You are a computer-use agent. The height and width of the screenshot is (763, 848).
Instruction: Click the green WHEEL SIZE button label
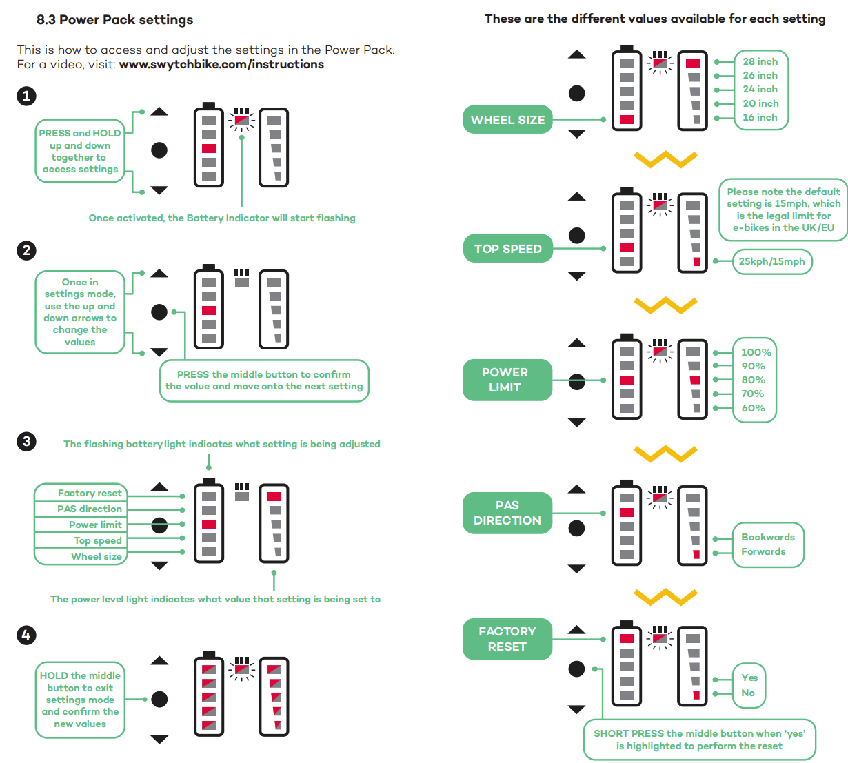click(507, 119)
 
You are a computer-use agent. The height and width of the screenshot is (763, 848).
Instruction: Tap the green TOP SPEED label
click(507, 249)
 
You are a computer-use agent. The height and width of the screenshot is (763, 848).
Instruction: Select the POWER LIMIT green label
click(507, 380)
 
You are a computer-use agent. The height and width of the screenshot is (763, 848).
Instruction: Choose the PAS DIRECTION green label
click(507, 513)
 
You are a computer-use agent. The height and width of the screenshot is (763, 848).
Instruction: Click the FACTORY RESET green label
click(507, 639)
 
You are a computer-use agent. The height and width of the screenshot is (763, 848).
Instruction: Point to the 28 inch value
click(760, 61)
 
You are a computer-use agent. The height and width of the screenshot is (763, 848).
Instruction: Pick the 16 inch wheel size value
click(760, 117)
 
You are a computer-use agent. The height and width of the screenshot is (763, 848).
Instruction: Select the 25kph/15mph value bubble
click(771, 261)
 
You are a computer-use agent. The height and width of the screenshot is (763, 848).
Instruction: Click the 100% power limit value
click(756, 352)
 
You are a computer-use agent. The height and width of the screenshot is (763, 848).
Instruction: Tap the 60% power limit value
click(753, 408)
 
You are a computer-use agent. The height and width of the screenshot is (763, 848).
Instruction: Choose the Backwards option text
click(767, 537)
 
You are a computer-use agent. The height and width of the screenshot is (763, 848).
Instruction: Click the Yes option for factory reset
click(749, 678)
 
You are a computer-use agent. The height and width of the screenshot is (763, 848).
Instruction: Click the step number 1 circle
click(26, 96)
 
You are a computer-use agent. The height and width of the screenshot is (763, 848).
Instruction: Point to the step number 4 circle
click(26, 635)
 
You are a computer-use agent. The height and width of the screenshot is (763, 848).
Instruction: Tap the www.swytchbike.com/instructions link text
click(221, 64)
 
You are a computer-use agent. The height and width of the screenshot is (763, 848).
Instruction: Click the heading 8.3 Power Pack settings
click(114, 19)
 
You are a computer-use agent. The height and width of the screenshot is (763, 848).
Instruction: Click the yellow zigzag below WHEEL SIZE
click(665, 160)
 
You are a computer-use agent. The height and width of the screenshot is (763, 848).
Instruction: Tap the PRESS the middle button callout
click(264, 380)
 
